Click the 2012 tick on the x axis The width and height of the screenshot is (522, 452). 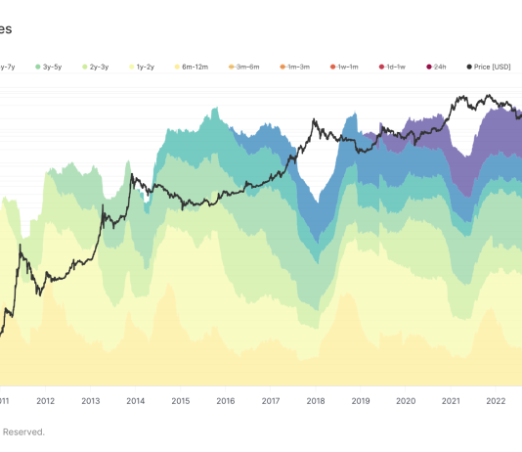45,400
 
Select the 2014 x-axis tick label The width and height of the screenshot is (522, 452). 135,400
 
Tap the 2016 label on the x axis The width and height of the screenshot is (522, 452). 225,400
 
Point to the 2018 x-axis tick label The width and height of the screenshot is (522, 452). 315,400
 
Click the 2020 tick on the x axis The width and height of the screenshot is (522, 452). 405,400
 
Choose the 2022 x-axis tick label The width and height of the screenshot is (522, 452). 495,400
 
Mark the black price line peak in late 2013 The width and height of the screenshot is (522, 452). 131,176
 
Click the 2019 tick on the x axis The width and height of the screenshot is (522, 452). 360,400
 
